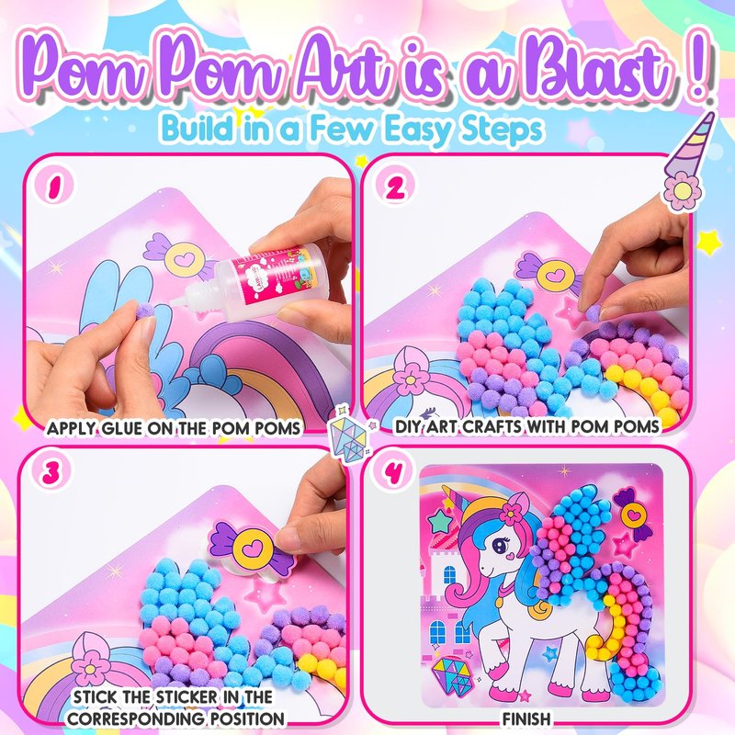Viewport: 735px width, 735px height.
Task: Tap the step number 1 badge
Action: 55,187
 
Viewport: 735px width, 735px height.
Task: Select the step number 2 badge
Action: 396,187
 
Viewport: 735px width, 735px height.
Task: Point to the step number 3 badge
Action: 51,472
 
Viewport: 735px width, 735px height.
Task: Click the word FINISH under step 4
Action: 526,718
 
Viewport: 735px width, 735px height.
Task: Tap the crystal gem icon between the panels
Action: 350,434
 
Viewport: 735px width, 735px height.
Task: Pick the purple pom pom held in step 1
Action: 145,310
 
